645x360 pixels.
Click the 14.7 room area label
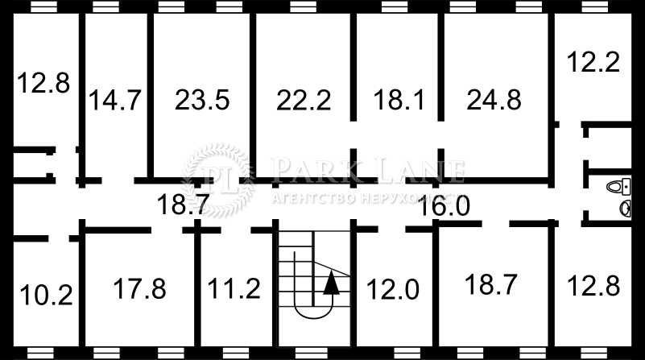[116, 101]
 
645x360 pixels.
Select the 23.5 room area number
[202, 101]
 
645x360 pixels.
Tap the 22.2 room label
[304, 101]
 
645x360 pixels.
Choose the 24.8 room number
[494, 101]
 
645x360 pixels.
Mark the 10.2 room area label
[45, 295]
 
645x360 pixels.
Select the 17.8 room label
[139, 287]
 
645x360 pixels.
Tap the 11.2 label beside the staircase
[234, 288]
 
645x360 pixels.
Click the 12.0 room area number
[394, 288]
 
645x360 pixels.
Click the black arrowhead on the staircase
[330, 281]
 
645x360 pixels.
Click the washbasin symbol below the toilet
[625, 209]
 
